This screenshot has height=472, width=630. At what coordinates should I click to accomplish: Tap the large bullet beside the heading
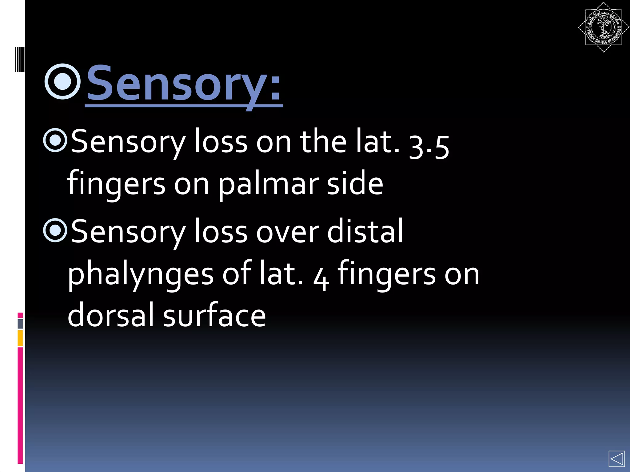tap(63, 82)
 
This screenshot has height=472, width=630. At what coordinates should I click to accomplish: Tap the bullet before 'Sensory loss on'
tap(55, 140)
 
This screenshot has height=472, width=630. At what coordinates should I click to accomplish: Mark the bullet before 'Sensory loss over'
tap(55, 230)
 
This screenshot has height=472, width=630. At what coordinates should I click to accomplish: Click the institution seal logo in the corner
tap(603, 27)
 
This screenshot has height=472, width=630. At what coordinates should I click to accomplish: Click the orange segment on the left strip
tap(20, 338)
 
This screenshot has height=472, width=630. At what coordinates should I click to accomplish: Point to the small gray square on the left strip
tap(20, 324)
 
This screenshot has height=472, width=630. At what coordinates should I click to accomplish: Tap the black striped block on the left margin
tap(19, 59)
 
